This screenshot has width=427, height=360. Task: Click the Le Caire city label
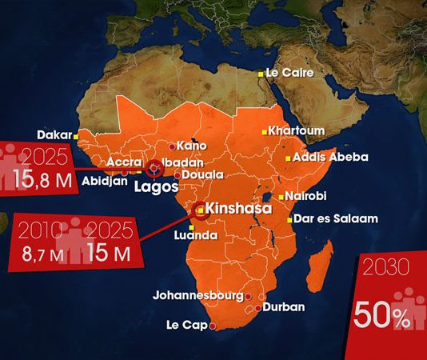pyautogui.click(x=289, y=72)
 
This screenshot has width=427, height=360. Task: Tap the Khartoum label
pyautogui.click(x=297, y=130)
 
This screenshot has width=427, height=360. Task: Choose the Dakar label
pyautogui.click(x=54, y=134)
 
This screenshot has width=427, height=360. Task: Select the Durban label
pyautogui.click(x=283, y=306)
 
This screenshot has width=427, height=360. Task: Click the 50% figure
pyautogui.click(x=381, y=314)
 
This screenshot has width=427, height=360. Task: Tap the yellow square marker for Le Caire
pyautogui.click(x=260, y=74)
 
